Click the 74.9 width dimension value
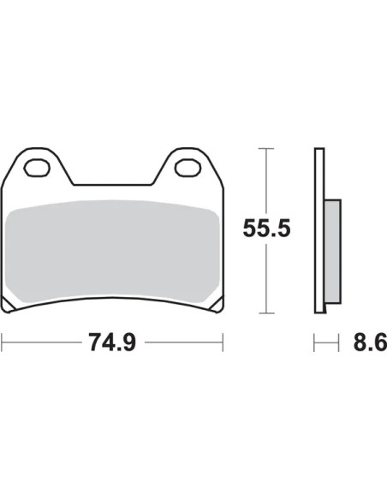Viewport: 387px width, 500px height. click(x=112, y=342)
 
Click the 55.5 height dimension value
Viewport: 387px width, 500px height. click(x=266, y=229)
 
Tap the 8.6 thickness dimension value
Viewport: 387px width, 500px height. click(x=370, y=342)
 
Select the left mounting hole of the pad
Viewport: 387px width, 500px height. click(x=37, y=168)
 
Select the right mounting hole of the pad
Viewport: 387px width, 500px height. click(x=188, y=168)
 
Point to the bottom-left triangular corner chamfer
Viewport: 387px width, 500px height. click(x=7, y=305)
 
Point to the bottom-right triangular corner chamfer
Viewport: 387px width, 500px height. click(x=217, y=305)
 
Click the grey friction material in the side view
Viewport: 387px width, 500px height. click(x=333, y=251)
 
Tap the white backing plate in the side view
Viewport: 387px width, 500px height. click(x=319, y=230)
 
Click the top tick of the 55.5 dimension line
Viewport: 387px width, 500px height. click(x=266, y=149)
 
